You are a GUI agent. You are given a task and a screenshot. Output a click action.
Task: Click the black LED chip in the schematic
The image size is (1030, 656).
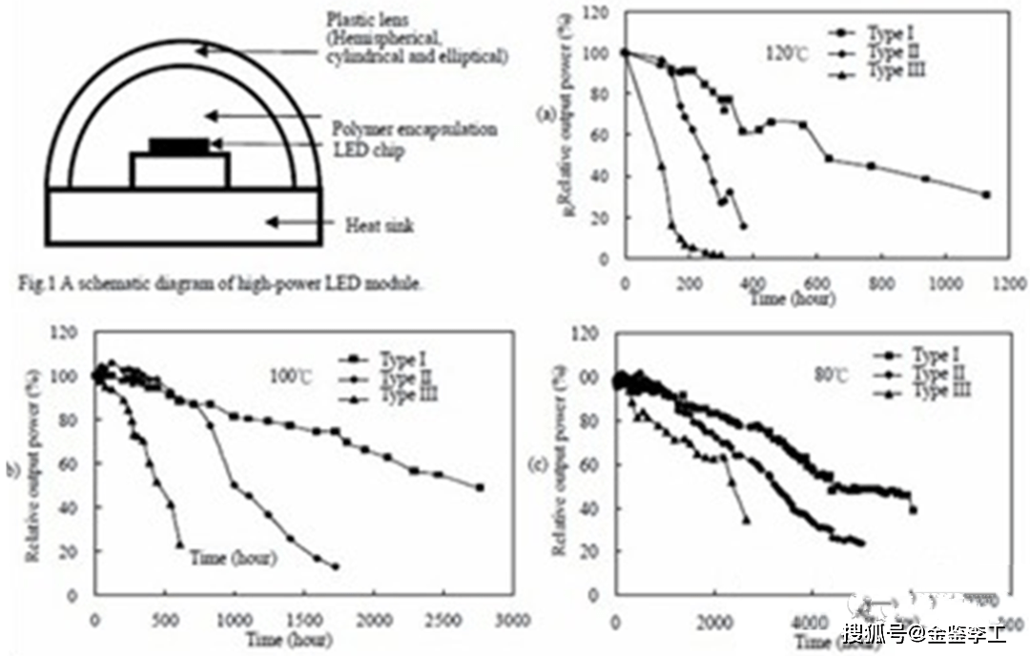pyautogui.click(x=179, y=146)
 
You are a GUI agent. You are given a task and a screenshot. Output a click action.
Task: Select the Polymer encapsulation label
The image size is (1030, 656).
pyautogui.click(x=414, y=129)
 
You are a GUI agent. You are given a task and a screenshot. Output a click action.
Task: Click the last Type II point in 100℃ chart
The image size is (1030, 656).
pyautogui.click(x=335, y=566)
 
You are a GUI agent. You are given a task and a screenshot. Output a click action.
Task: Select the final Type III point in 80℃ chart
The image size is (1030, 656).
pyautogui.click(x=746, y=520)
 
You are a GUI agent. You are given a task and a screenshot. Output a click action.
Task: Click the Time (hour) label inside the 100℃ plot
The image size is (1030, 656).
pyautogui.click(x=234, y=558)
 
